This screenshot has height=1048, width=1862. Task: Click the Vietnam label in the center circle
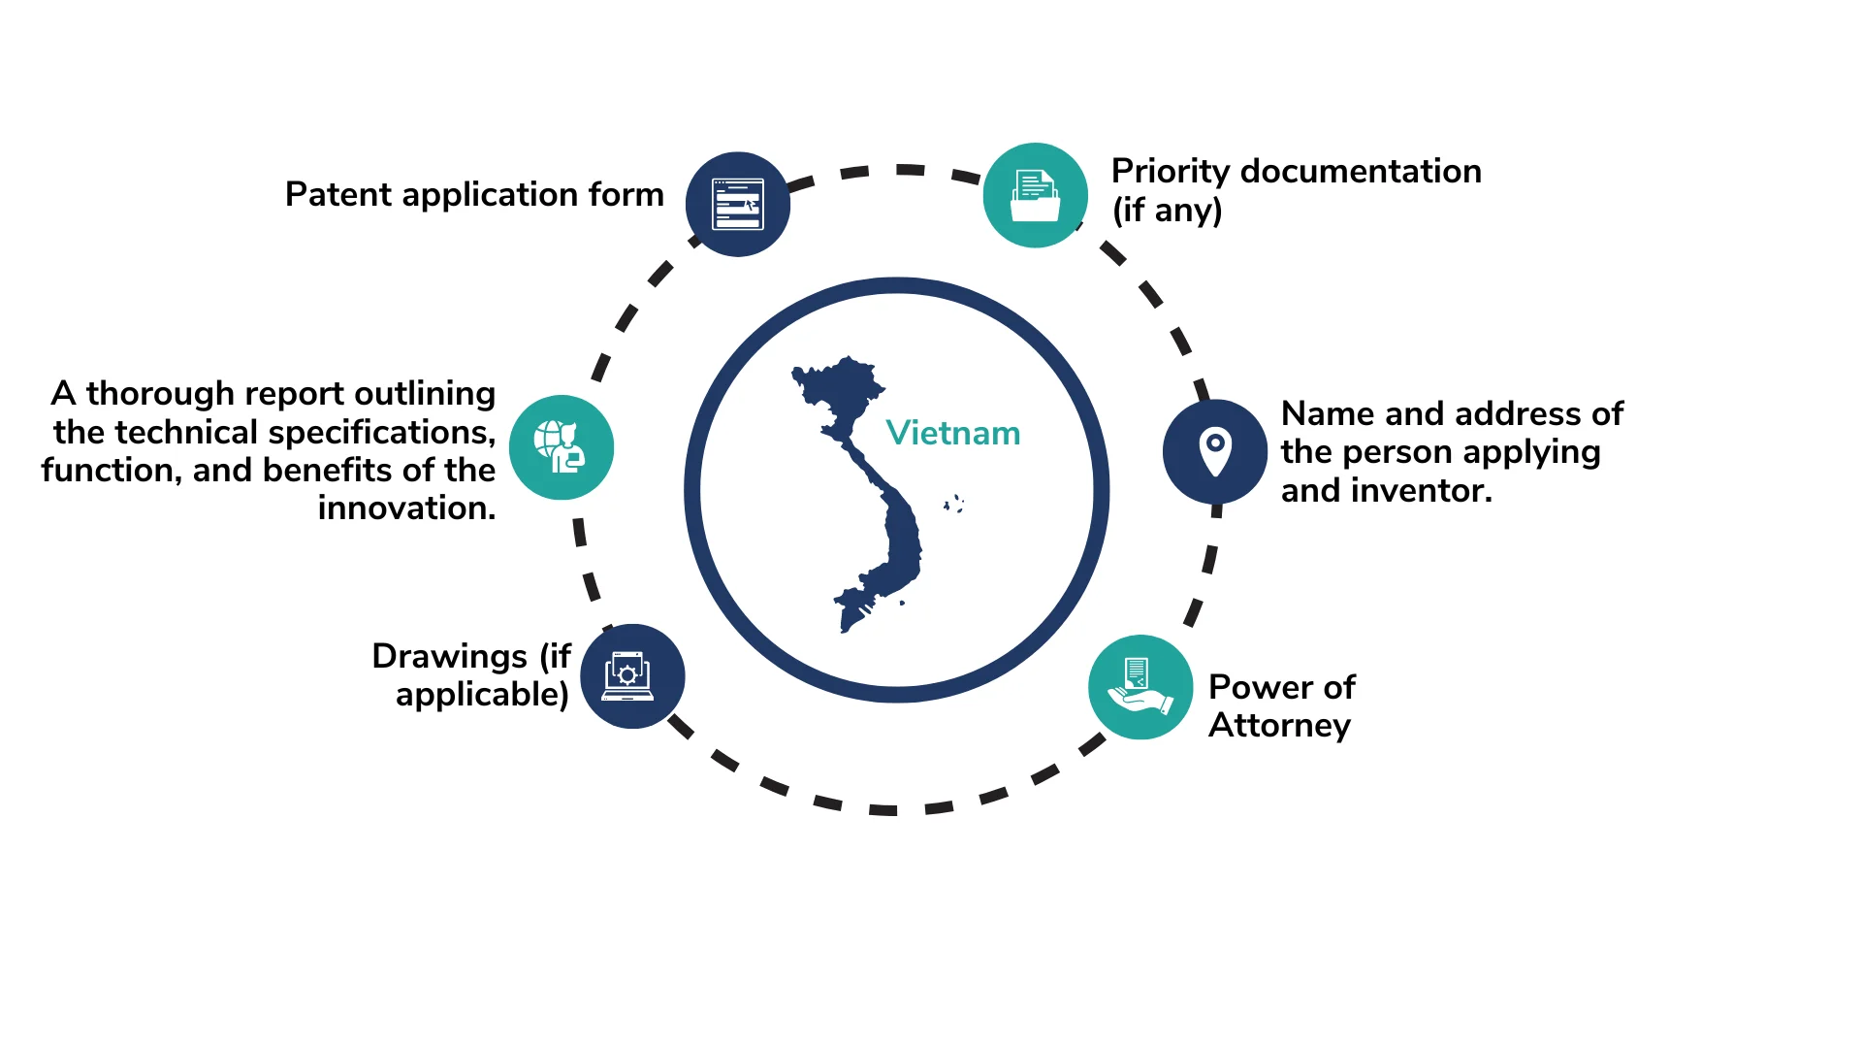952,433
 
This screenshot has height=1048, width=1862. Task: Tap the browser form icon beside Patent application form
738,204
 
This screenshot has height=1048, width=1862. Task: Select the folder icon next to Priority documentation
1036,195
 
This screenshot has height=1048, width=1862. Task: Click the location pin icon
1215,451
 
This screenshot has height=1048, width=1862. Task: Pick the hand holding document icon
1140,687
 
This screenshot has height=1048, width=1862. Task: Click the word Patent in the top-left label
338,194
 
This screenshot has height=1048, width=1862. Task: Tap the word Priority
1171,173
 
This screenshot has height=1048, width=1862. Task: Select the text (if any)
1167,211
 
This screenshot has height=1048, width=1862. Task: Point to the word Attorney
1279,726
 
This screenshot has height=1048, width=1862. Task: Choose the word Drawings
450,657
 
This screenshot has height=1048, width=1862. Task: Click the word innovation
406,508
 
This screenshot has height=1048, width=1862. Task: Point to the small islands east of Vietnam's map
954,503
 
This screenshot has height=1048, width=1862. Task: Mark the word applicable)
482,695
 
